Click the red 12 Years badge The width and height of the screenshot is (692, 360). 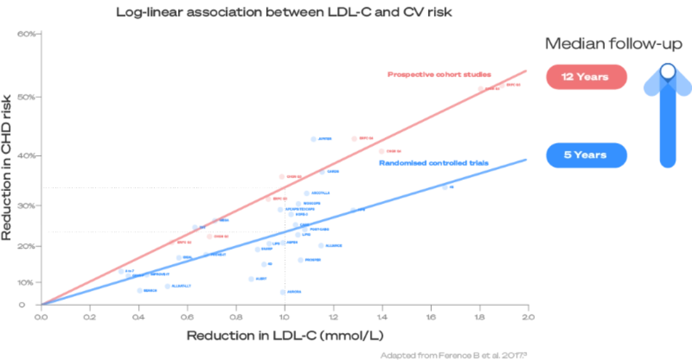pos(586,77)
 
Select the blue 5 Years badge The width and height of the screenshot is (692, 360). pos(586,155)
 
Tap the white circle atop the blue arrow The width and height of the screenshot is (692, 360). pos(668,71)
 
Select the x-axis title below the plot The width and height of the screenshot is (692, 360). pos(284,335)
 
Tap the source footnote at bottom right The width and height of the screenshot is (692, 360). pos(454,353)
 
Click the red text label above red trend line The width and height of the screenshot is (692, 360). pos(439,75)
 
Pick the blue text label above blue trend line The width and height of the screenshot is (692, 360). pos(434,163)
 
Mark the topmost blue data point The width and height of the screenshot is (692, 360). pos(313,138)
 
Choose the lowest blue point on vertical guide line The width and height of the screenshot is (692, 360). pos(282,292)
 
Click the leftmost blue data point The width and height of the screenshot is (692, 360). pos(138,291)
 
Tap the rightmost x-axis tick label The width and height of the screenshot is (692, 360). pos(527,316)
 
